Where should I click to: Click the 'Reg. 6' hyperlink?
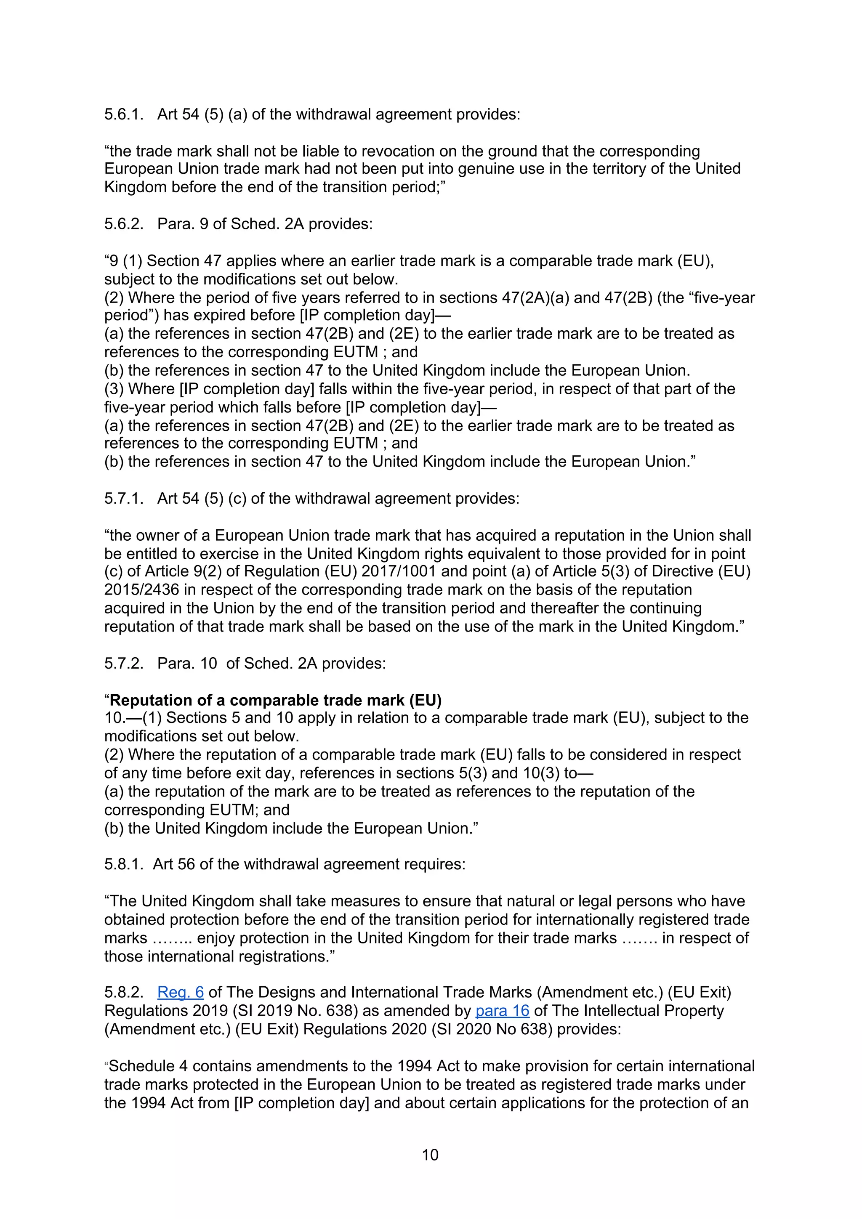180,992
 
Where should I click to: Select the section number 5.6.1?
124,114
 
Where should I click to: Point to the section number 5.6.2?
124,223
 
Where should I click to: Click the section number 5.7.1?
124,498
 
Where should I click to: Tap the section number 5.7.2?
124,663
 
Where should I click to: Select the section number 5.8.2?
124,992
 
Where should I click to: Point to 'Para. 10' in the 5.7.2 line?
187,663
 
